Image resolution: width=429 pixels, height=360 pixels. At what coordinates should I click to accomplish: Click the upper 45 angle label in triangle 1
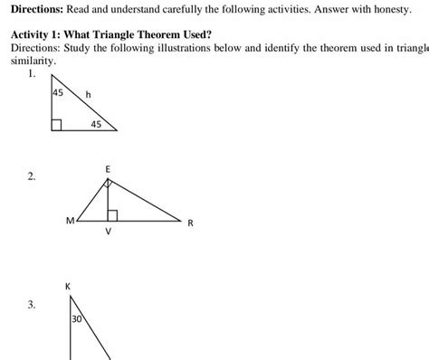(59, 92)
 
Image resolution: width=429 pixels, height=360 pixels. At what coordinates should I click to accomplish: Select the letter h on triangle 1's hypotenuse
(88, 95)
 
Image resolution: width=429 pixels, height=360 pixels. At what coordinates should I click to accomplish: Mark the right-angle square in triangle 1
(56, 126)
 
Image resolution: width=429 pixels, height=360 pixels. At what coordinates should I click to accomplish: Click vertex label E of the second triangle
(108, 168)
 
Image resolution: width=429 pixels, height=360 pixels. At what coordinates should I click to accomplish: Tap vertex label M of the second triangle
(70, 220)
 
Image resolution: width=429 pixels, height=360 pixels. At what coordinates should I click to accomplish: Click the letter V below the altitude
(109, 232)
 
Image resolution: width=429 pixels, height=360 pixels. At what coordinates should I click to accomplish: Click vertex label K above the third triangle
(69, 287)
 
